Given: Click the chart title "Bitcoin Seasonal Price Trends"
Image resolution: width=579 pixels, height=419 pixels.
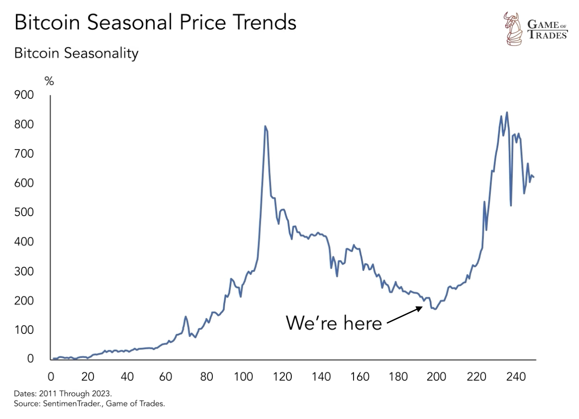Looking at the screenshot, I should pos(155,22).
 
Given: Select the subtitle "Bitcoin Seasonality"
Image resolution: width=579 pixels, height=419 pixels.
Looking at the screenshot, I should pos(76,53).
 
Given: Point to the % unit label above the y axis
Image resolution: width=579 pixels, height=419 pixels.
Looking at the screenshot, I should pos(49,81).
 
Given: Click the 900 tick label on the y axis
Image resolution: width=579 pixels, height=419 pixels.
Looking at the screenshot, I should pos(24,95).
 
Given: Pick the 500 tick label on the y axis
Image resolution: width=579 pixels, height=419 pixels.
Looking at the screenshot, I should pos(24,212).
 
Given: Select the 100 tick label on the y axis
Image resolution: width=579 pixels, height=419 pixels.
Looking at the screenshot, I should pos(24,330).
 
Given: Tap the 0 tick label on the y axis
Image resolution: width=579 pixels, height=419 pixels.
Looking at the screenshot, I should pos(30,359).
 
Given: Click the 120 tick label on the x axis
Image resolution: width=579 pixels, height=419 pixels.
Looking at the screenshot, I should pos(282,377).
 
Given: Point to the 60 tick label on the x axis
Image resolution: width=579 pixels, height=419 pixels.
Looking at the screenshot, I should pos(166,377).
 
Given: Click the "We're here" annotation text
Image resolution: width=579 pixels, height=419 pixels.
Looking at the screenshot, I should pos(334,323).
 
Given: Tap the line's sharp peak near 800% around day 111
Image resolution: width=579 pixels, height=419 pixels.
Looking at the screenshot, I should pos(265,127).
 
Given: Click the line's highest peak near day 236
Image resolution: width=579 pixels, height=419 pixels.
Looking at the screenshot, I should pos(507,112).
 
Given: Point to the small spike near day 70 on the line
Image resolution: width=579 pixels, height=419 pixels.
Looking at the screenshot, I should pos(186,317).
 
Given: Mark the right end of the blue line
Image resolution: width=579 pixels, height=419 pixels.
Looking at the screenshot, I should pos(534,177).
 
